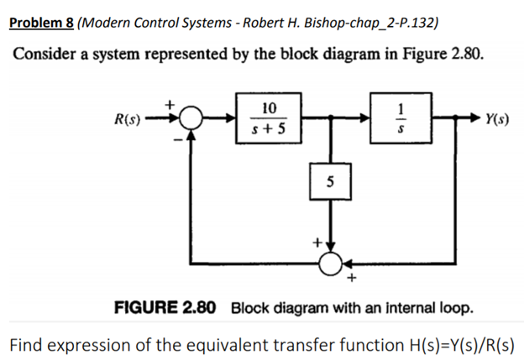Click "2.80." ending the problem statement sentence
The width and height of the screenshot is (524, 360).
tap(467, 53)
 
